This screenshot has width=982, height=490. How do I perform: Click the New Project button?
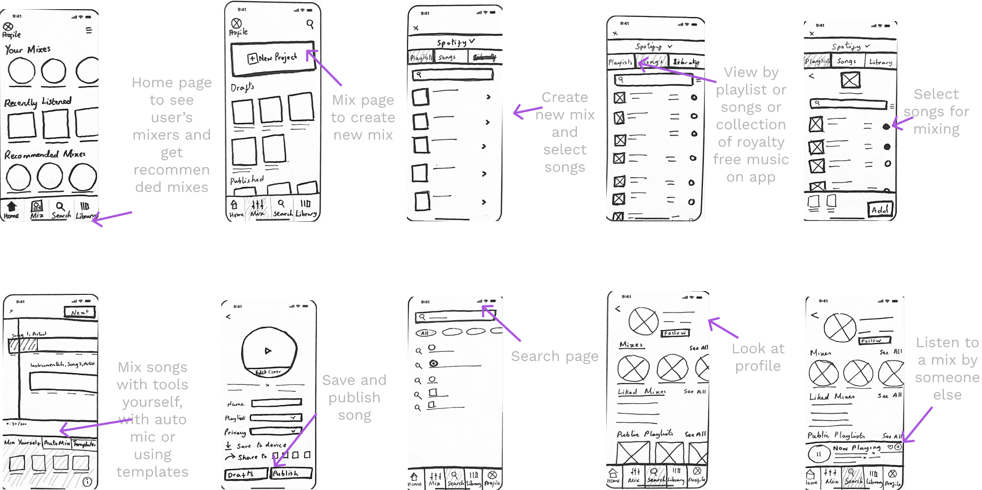273,58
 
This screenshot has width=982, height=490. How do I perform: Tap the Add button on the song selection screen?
880,209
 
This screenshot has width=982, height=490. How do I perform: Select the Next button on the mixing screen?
79,312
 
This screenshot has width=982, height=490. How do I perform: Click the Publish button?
291,473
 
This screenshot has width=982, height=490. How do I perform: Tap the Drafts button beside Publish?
245,474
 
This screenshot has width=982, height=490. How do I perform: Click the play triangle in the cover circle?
268,351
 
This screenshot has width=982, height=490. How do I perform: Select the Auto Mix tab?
57,443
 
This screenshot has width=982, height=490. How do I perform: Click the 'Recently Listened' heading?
38,102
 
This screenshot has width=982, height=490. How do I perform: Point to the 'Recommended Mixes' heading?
45,154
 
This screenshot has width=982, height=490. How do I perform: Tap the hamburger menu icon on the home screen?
89,30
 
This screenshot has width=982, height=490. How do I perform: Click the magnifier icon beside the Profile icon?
310,24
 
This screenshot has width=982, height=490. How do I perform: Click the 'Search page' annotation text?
554,356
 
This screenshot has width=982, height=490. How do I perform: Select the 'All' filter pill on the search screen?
425,333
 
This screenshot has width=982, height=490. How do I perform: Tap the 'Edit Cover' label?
268,372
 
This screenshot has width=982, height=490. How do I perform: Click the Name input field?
276,403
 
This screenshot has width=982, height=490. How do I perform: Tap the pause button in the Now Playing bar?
818,454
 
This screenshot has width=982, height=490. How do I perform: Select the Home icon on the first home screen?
11,209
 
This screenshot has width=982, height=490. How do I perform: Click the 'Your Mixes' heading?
28,50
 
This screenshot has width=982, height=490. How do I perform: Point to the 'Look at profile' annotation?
758,357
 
